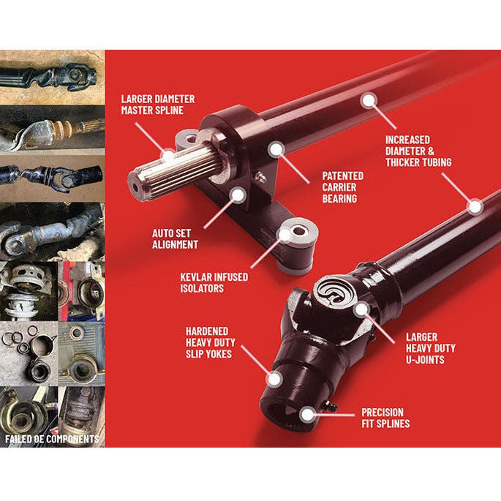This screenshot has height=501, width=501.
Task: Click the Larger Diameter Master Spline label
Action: (x=158, y=105)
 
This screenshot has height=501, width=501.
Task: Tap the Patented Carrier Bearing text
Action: (x=342, y=187)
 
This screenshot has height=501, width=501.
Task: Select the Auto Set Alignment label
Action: (x=175, y=238)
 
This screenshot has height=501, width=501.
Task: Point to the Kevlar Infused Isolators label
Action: (x=214, y=282)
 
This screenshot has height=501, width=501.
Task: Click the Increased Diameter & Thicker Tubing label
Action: (x=418, y=151)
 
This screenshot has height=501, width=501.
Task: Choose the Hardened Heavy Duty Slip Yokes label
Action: (x=210, y=342)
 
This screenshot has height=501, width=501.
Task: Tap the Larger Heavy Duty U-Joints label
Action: (x=431, y=348)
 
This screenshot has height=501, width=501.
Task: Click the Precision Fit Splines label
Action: (x=385, y=418)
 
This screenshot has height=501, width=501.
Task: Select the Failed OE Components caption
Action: (x=52, y=439)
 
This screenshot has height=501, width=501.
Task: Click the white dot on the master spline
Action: (x=167, y=157)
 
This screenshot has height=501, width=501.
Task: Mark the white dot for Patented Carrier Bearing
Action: (x=276, y=149)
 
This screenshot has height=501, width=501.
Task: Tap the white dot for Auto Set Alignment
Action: (x=238, y=195)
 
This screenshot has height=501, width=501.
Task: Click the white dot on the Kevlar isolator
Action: (x=285, y=235)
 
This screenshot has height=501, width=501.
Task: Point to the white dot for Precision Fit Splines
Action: (x=307, y=415)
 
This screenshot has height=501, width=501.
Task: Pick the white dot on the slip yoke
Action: (x=274, y=380)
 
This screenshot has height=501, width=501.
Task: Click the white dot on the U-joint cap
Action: (x=361, y=309)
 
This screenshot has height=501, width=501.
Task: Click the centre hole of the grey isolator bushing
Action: (x=299, y=230)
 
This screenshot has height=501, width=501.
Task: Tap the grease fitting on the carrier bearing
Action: (x=260, y=177)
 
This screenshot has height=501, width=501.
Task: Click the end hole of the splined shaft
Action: (x=135, y=187)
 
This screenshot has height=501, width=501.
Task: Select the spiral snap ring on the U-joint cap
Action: (x=334, y=291)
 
